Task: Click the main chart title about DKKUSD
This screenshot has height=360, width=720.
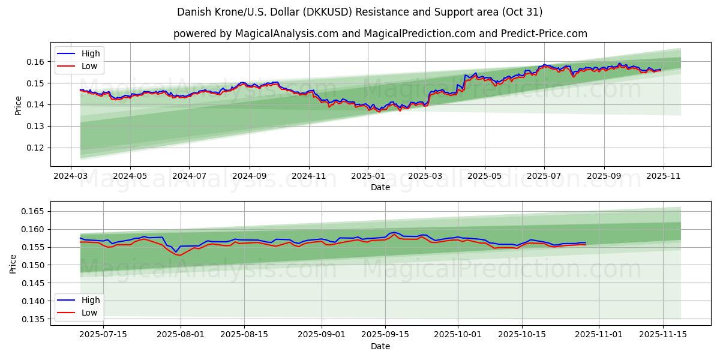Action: pos(360,12)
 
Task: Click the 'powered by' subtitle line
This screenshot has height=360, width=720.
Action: pos(380,34)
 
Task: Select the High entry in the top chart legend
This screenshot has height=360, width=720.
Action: pos(91,54)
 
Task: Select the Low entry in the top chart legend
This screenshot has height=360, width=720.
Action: pos(89,67)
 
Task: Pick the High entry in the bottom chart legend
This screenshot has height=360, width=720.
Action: pos(91,300)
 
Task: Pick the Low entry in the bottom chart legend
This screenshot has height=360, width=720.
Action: pos(89,313)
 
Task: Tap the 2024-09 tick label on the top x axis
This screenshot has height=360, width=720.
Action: pos(249,176)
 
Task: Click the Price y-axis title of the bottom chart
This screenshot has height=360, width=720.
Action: pos(14,263)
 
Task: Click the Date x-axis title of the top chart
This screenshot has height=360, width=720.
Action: pos(380,187)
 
